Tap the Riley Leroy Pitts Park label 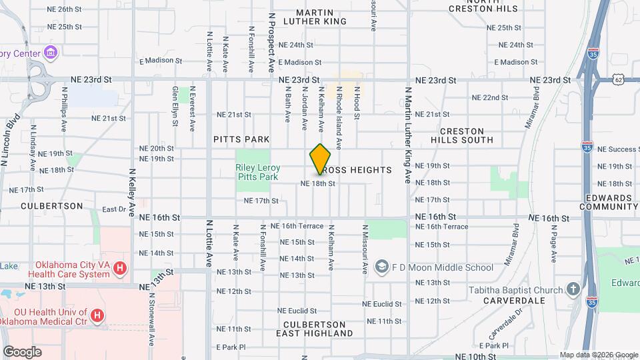click(x=257, y=173)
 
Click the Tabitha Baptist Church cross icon click(x=572, y=290)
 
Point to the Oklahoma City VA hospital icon click(x=120, y=269)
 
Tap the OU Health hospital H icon click(x=97, y=315)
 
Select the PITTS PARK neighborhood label click(x=241, y=139)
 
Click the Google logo click(x=21, y=352)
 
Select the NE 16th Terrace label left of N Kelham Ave click(x=297, y=227)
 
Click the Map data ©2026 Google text click(x=599, y=355)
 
